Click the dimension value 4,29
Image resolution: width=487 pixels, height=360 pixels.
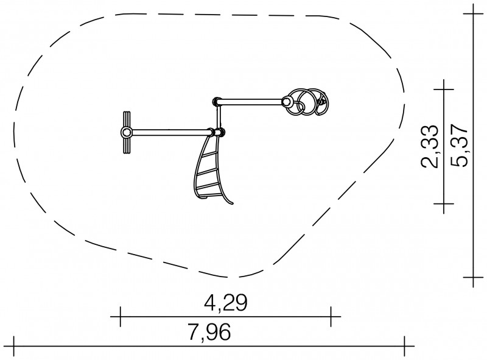pyautogui.click(x=225, y=303)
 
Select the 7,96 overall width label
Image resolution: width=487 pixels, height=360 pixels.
pyautogui.click(x=209, y=332)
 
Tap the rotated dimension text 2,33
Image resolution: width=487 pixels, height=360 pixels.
pyautogui.click(x=430, y=146)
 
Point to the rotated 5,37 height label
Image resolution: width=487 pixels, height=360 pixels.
pyautogui.click(x=458, y=146)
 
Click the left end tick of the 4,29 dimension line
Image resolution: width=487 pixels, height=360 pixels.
pyautogui.click(x=120, y=317)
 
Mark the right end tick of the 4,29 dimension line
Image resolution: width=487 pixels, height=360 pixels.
pyautogui.click(x=331, y=317)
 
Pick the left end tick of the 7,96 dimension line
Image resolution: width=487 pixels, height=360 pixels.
pyautogui.click(x=13, y=346)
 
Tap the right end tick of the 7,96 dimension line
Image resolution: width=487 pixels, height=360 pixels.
pyautogui.click(x=404, y=346)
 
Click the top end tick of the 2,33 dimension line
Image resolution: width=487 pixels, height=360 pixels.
pyautogui.click(x=444, y=90)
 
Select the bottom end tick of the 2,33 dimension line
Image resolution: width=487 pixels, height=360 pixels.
pyautogui.click(x=444, y=203)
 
